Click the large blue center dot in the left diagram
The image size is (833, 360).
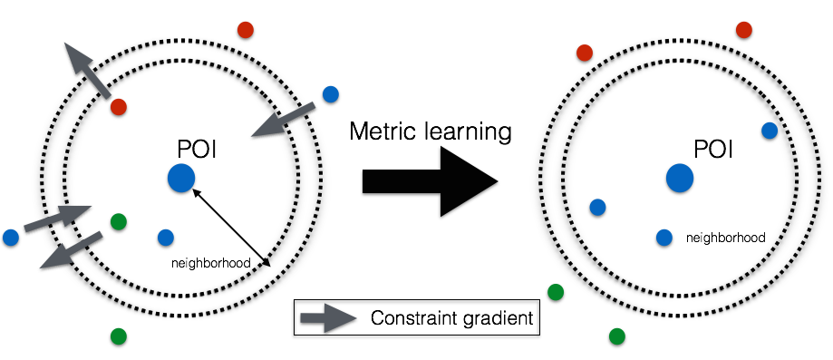[181, 178]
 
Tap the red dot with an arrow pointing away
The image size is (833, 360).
[119, 107]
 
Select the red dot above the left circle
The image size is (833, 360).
[246, 30]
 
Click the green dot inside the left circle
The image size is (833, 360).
[119, 221]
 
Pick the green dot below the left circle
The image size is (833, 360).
[119, 336]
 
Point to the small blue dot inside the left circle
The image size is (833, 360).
[166, 238]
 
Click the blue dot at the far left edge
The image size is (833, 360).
[11, 238]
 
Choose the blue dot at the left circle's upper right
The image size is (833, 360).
[331, 94]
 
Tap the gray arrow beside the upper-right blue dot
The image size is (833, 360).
[283, 120]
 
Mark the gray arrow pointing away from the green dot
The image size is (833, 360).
[71, 250]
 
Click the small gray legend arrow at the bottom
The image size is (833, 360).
[328, 318]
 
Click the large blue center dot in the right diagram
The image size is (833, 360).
[680, 178]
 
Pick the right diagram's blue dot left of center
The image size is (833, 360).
[597, 208]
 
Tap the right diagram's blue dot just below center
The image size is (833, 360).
[664, 238]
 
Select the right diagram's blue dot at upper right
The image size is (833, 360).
[770, 131]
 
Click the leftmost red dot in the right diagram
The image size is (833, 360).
[585, 53]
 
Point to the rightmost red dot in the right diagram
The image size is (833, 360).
[744, 30]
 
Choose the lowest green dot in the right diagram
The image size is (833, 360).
[617, 336]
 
